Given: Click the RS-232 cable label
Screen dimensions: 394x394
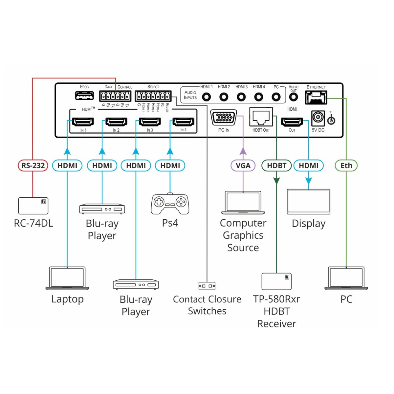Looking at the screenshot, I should [x=33, y=165].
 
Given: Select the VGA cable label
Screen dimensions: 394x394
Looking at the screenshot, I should [x=243, y=165].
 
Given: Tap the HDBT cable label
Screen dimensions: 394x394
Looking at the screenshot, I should [x=276, y=165].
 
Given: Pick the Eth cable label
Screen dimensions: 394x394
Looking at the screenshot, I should [x=346, y=165].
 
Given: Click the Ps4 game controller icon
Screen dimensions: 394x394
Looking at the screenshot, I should [x=170, y=204].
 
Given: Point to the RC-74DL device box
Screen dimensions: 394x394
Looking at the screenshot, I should [x=33, y=206].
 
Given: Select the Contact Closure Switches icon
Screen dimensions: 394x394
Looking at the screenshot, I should [x=207, y=286].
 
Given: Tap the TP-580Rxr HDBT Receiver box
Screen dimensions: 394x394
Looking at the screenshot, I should [x=276, y=281].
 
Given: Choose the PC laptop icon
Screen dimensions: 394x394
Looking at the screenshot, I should [x=346, y=278].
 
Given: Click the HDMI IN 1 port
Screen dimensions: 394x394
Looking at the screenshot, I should [x=83, y=122].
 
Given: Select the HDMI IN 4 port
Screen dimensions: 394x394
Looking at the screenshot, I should [x=183, y=122].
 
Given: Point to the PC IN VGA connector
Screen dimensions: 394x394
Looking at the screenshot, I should [x=224, y=118].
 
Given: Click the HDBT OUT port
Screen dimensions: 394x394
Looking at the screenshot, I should [x=261, y=117].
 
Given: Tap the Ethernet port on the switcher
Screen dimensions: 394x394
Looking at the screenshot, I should [x=316, y=97].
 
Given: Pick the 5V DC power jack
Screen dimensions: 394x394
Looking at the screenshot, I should [x=318, y=118].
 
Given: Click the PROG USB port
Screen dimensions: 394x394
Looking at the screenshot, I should [x=84, y=96].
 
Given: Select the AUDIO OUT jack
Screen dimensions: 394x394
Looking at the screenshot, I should [x=293, y=97].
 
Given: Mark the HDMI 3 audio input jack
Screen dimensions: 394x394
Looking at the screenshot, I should [x=241, y=97].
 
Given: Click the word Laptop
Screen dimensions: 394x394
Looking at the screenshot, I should [x=67, y=299].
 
